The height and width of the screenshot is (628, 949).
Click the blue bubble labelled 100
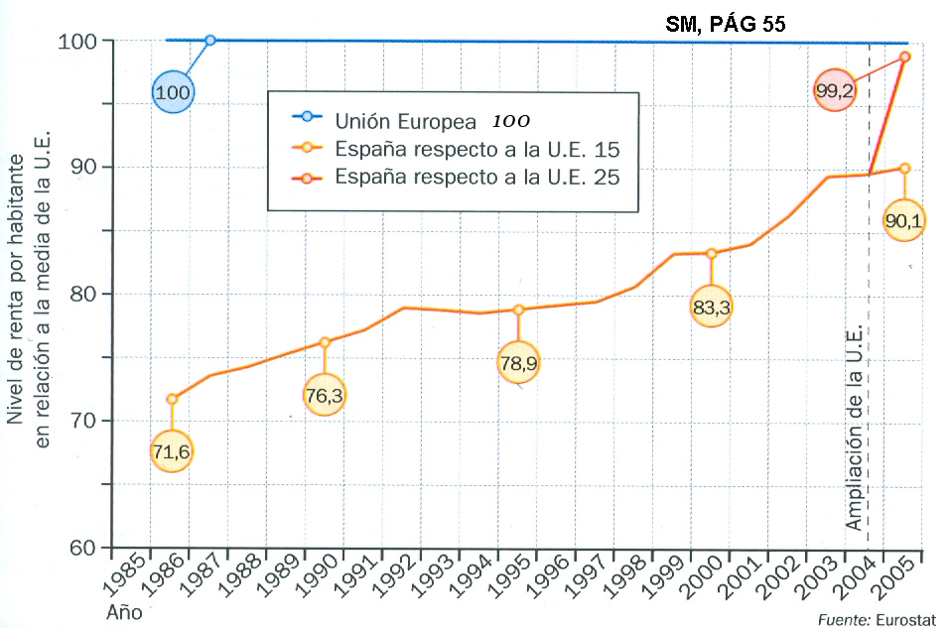pyautogui.click(x=173, y=92)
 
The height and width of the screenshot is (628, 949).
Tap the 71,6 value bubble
pyautogui.click(x=171, y=452)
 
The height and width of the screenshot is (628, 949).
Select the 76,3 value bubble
pyautogui.click(x=325, y=396)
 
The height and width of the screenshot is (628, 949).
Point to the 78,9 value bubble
pyautogui.click(x=519, y=364)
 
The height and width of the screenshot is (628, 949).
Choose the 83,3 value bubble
pyautogui.click(x=711, y=309)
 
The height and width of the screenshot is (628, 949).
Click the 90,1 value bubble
pyautogui.click(x=903, y=221)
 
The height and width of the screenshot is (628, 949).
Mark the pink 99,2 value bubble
pyautogui.click(x=835, y=90)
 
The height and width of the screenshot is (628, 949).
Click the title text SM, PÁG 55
pyautogui.click(x=727, y=25)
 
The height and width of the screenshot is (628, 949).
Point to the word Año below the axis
pyautogui.click(x=124, y=612)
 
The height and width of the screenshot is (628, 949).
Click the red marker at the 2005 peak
pyautogui.click(x=904, y=57)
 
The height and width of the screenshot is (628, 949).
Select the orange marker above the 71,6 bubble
pyautogui.click(x=172, y=399)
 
